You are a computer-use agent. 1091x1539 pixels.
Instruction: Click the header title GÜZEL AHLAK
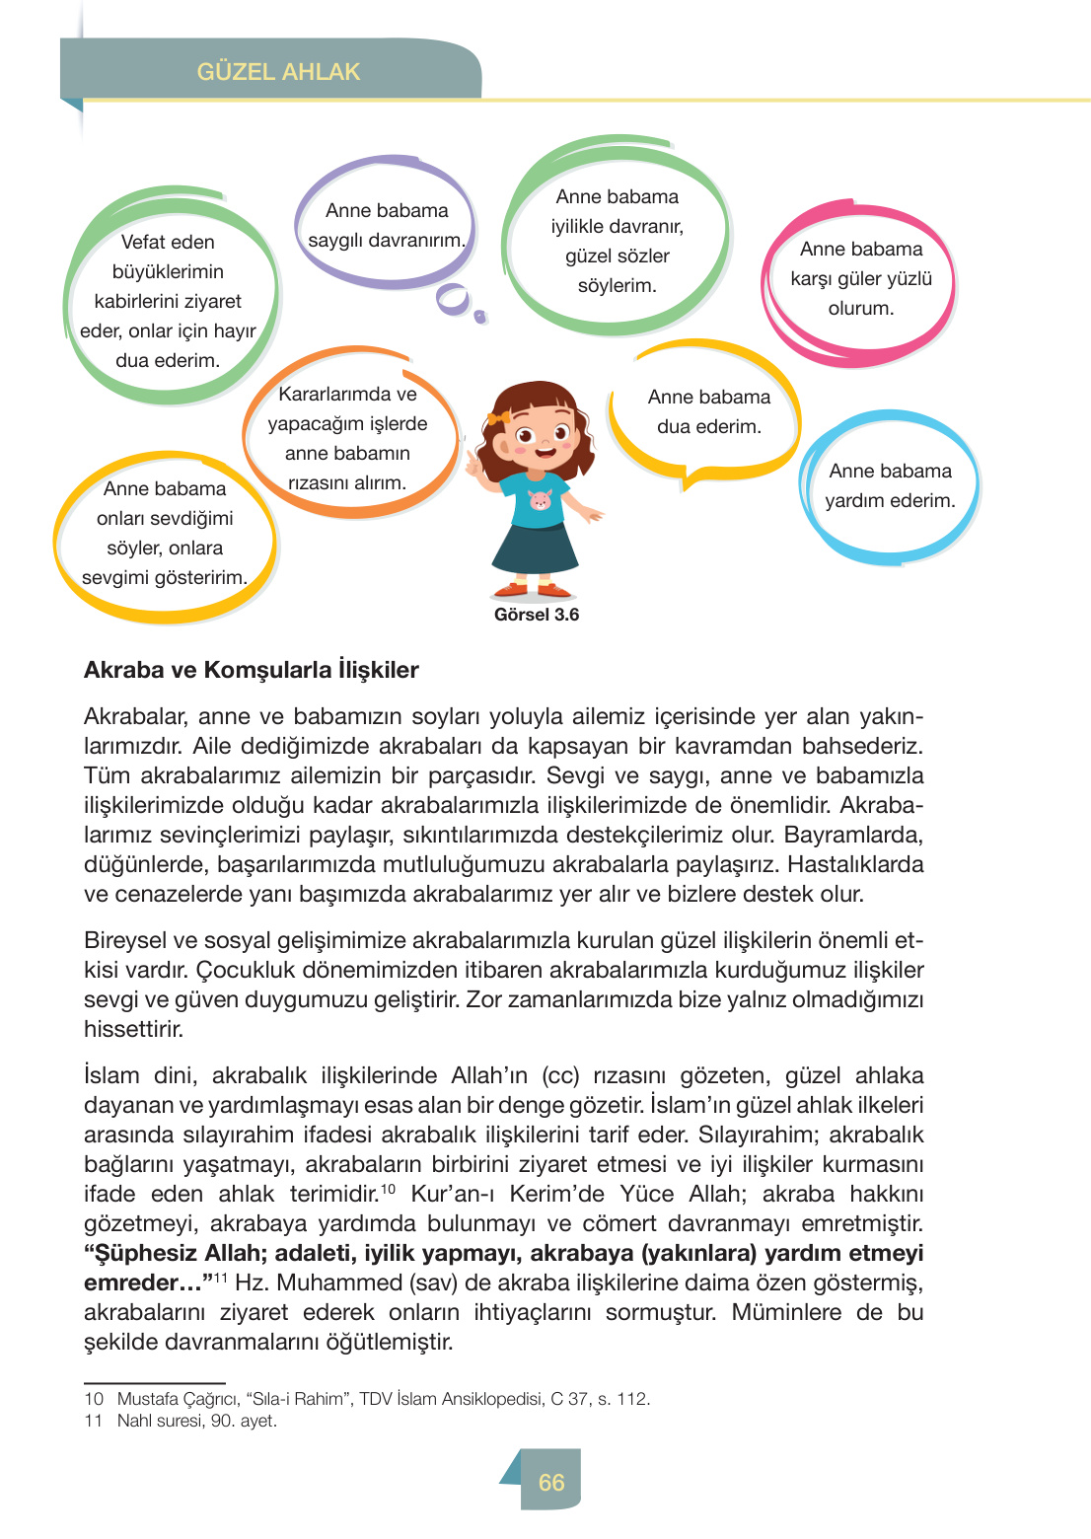278,72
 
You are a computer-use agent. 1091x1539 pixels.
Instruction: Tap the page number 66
550,1482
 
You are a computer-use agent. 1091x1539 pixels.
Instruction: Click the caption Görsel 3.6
537,615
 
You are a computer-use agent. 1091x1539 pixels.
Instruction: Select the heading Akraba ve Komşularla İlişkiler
252,670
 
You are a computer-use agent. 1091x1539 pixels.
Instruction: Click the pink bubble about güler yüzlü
860,279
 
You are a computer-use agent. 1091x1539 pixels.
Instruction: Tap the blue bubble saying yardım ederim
890,486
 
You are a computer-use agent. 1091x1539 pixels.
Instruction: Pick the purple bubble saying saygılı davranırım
387,226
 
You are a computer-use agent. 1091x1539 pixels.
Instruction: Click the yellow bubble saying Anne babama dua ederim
708,412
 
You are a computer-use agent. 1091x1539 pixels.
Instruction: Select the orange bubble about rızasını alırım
347,438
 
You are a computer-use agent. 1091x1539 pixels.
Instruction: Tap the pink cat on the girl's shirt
540,500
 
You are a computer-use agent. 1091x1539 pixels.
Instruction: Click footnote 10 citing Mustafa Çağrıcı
367,1399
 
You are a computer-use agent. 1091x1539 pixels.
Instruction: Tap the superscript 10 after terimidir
389,1188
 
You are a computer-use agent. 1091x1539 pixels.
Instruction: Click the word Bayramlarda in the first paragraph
853,835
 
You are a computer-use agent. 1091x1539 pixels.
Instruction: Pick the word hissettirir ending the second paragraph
133,1029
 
